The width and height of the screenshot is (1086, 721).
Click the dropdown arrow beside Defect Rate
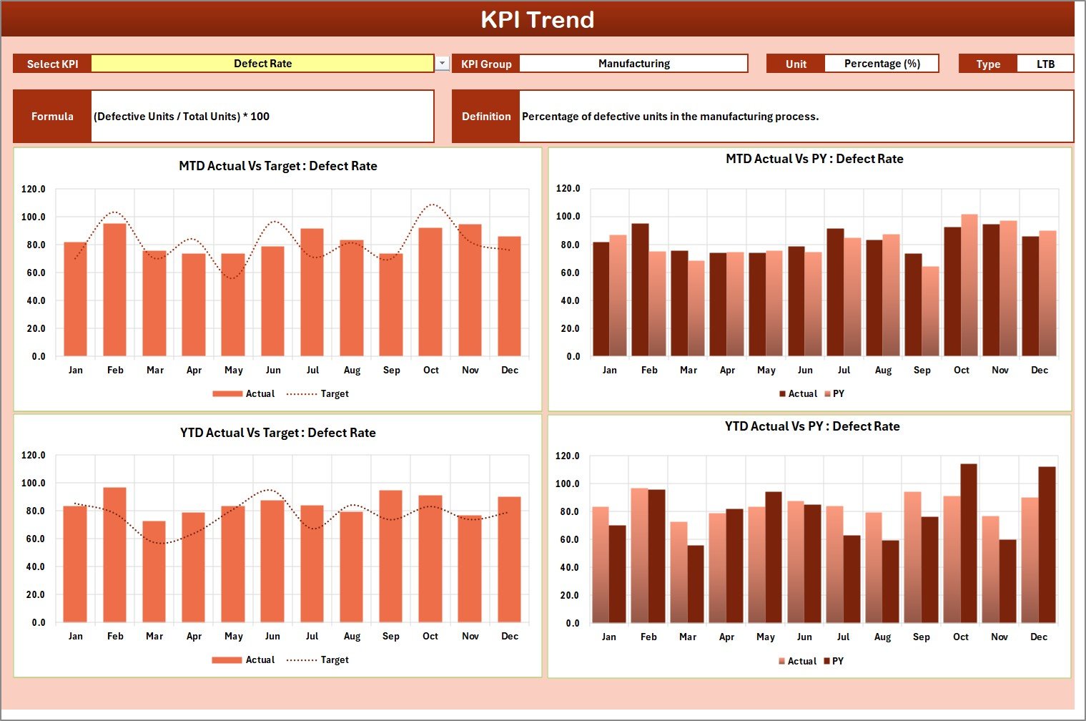443,63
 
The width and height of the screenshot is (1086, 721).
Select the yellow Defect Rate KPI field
262,64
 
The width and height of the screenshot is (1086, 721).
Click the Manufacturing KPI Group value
633,64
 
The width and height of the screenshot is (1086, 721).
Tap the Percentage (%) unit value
882,64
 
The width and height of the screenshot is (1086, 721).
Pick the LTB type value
1045,64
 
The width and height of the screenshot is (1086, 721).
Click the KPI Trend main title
538,19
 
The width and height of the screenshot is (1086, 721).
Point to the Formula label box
52,116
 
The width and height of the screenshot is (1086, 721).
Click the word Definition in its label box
486,116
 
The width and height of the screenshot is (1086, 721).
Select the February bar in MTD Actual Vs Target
115,290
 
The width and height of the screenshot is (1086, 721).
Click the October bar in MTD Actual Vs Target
430,292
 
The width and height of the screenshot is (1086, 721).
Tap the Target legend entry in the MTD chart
318,393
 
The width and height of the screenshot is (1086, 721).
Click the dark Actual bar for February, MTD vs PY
641,290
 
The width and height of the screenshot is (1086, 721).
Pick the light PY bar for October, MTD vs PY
969,285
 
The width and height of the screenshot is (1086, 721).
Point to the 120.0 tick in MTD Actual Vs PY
568,188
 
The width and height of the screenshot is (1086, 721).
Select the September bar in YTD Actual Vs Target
390,556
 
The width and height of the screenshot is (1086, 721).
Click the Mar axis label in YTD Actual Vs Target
154,636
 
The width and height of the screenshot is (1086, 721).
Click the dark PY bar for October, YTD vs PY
969,543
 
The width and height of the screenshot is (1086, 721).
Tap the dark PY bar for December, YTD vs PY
1047,544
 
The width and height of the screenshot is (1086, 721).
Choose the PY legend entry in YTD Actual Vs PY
834,661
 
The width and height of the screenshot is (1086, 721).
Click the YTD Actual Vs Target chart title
278,433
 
